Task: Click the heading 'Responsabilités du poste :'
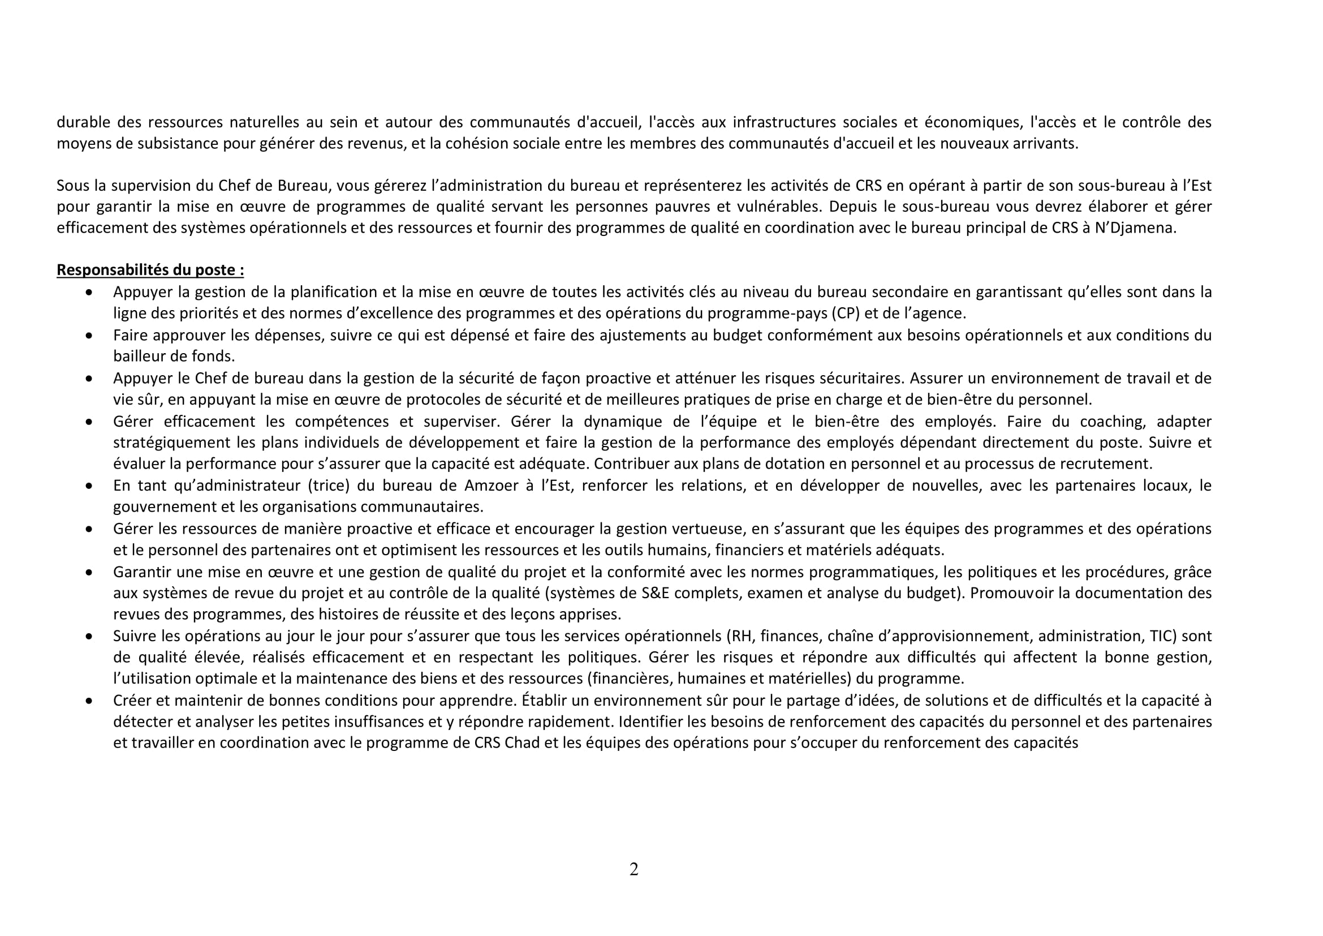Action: (150, 270)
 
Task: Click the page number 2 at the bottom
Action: (634, 869)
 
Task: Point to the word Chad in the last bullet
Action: (522, 743)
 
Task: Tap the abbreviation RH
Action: (742, 636)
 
